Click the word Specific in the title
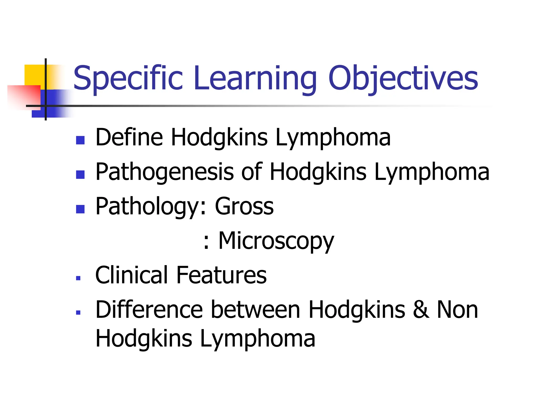(128, 78)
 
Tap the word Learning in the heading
(255, 78)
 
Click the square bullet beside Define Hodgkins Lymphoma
(80, 140)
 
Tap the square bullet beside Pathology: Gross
(80, 209)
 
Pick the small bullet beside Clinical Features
(78, 278)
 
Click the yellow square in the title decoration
(34, 75)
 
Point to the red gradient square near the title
(24, 96)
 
